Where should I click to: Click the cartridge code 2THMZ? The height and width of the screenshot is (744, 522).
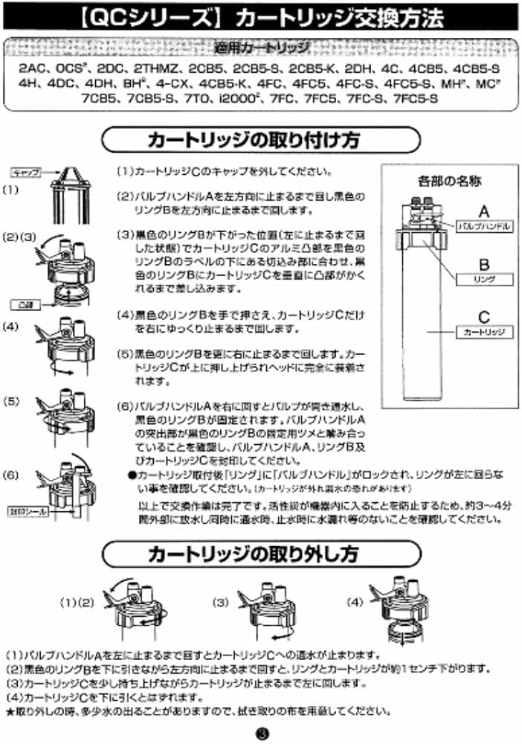pyautogui.click(x=157, y=68)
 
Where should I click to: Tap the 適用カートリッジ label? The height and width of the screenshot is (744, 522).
pyautogui.click(x=261, y=49)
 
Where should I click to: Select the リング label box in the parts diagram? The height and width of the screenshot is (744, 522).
pyautogui.click(x=484, y=279)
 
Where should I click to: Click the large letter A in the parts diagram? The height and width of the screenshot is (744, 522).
pyautogui.click(x=484, y=209)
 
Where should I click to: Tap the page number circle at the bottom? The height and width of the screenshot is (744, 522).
pyautogui.click(x=261, y=732)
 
